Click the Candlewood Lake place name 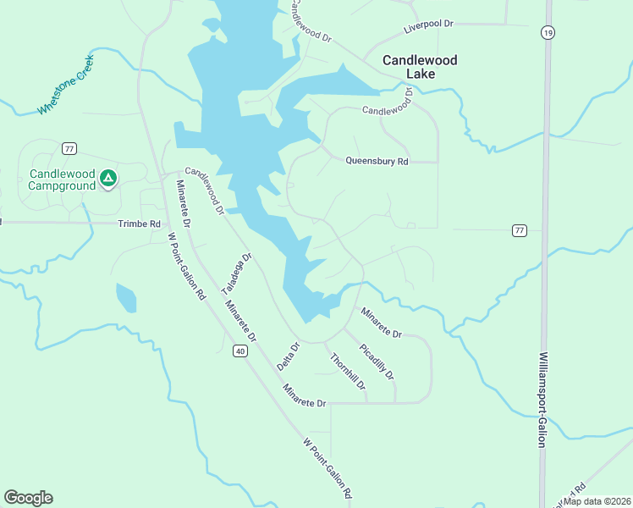(420, 67)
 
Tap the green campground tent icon (107, 178)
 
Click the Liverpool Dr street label (429, 25)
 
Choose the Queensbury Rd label (377, 161)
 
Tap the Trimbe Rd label (139, 224)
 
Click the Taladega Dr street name (237, 273)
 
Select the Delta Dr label (289, 356)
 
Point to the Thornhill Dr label (348, 372)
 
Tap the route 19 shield (548, 32)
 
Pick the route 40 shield (240, 351)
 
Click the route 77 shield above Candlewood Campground (69, 148)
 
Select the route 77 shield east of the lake (520, 230)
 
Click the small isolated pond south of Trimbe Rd (125, 297)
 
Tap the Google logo (28, 498)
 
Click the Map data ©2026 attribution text (597, 500)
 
